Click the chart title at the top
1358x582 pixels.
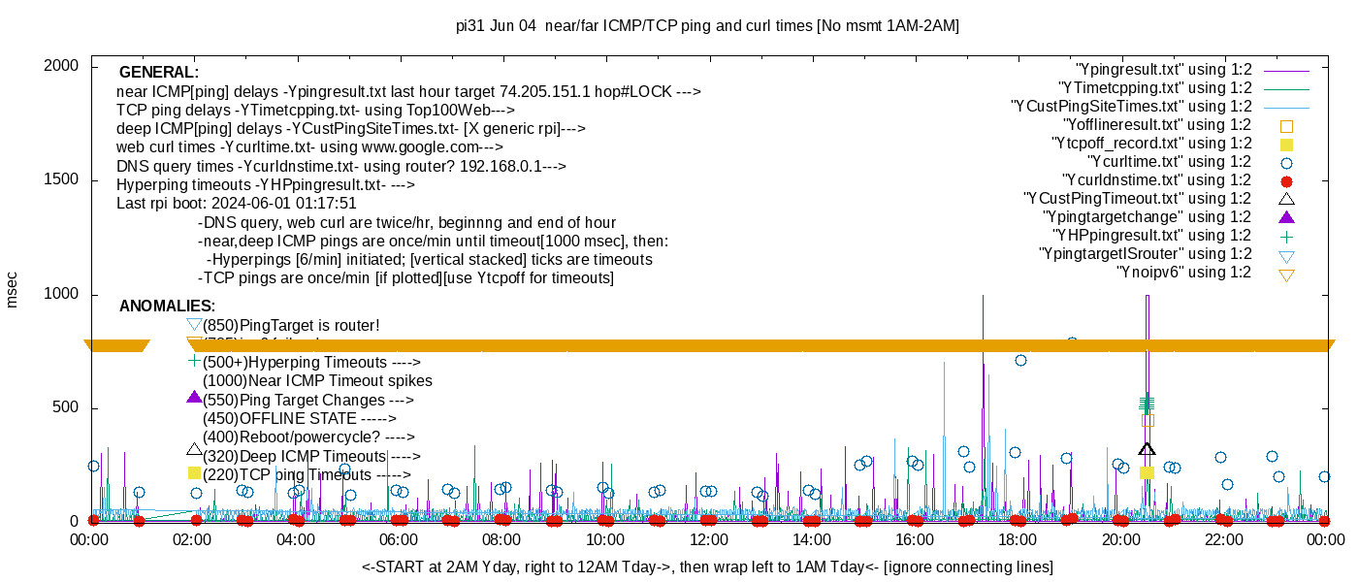point(707,26)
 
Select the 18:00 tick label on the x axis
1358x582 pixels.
point(1017,538)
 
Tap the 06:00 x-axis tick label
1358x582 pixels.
point(399,538)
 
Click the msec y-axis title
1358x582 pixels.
point(12,290)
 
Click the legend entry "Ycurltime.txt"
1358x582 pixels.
point(1169,162)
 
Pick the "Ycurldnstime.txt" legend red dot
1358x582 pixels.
point(1287,181)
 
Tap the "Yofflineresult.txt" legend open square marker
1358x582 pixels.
point(1287,126)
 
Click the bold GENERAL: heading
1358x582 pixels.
point(159,73)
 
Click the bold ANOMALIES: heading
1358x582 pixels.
point(167,307)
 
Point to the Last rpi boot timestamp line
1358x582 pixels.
point(237,204)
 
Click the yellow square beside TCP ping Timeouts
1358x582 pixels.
point(194,473)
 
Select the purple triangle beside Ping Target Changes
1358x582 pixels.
point(194,397)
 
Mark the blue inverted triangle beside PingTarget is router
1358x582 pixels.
point(194,324)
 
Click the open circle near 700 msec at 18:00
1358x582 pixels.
point(1020,361)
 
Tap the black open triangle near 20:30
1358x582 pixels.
point(1147,449)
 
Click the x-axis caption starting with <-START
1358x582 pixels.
point(707,566)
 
